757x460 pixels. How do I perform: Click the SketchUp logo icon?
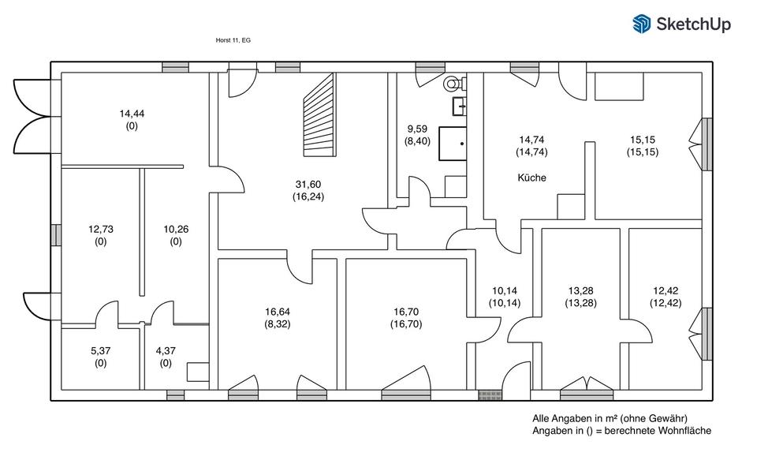[x=642, y=24]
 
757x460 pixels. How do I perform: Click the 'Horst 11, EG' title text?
[x=233, y=40]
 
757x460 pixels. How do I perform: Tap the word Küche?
[x=532, y=178]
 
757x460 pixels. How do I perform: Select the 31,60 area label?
[x=308, y=185]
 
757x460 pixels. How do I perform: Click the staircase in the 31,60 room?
[x=319, y=115]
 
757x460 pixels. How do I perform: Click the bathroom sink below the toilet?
[x=459, y=106]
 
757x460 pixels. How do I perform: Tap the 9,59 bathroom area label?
[x=417, y=129]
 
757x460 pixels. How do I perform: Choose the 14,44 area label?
[x=132, y=114]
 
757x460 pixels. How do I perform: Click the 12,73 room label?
[x=100, y=230]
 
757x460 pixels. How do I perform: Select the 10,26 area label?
[x=176, y=230]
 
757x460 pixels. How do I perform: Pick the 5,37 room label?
[x=100, y=351]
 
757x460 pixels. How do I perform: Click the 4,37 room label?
[x=166, y=351]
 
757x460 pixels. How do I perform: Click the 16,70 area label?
[x=406, y=312]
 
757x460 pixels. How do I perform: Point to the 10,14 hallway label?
[x=505, y=291]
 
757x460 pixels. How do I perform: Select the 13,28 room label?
[x=581, y=291]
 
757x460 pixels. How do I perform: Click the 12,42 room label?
[x=666, y=291]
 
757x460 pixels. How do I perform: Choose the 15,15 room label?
[x=643, y=140]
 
